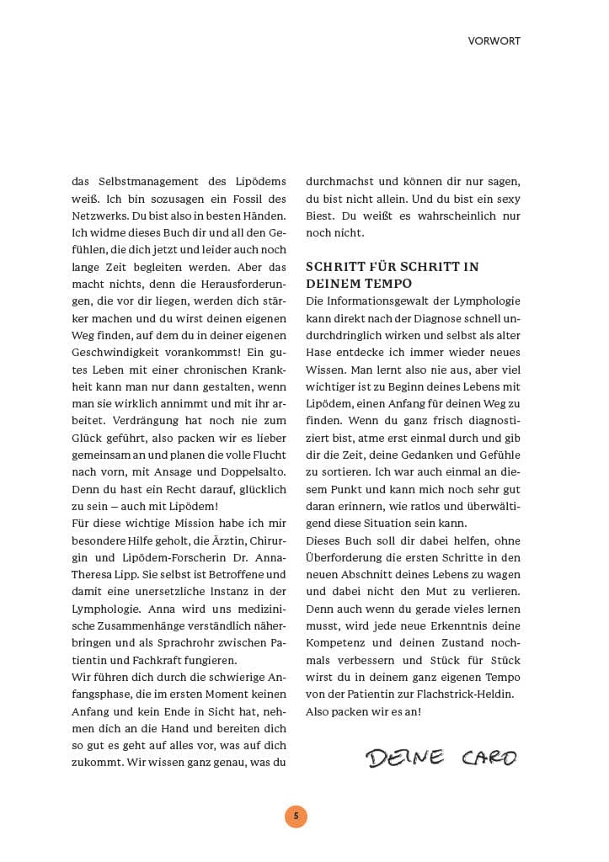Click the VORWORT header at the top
click(x=494, y=40)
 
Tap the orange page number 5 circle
click(x=296, y=816)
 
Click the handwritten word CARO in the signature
click(x=489, y=758)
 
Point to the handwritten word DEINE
click(x=404, y=758)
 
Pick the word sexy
click(x=505, y=198)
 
